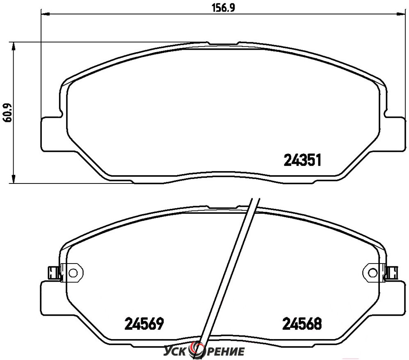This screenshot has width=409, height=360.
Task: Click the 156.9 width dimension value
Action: pyautogui.click(x=223, y=8)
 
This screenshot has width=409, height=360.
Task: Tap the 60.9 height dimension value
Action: pyautogui.click(x=8, y=113)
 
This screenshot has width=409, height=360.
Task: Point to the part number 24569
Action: pyautogui.click(x=144, y=323)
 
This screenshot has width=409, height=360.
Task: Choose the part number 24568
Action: pyautogui.click(x=302, y=323)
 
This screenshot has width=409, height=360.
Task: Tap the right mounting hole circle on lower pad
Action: pyautogui.click(x=372, y=273)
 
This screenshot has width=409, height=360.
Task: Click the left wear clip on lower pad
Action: pyautogui.click(x=54, y=273)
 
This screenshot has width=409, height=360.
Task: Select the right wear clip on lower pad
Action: pyautogui.click(x=391, y=273)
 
